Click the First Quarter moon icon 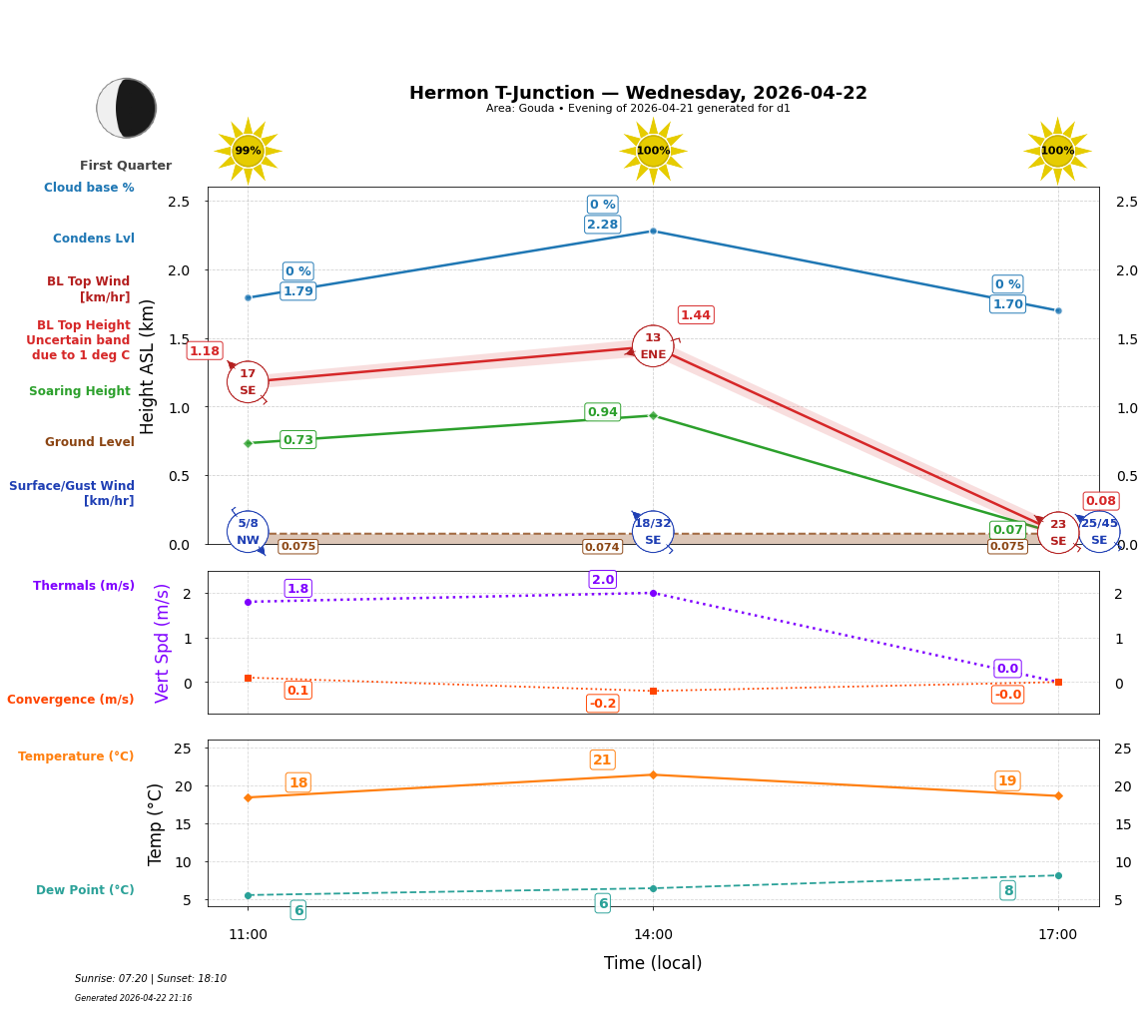click(126, 108)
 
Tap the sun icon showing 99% click(248, 151)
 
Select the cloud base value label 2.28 click(602, 225)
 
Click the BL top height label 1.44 click(695, 315)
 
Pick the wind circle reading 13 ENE click(653, 346)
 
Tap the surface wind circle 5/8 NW click(248, 531)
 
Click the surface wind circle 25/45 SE click(1099, 531)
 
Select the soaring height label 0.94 click(602, 412)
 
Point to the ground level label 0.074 click(602, 547)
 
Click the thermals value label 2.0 click(602, 580)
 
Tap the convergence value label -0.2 click(602, 704)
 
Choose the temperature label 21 click(602, 759)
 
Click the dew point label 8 click(1007, 890)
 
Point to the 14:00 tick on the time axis click(653, 935)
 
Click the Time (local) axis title click(653, 963)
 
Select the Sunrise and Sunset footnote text click(150, 979)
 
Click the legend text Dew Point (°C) click(85, 890)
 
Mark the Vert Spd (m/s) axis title click(163, 643)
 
